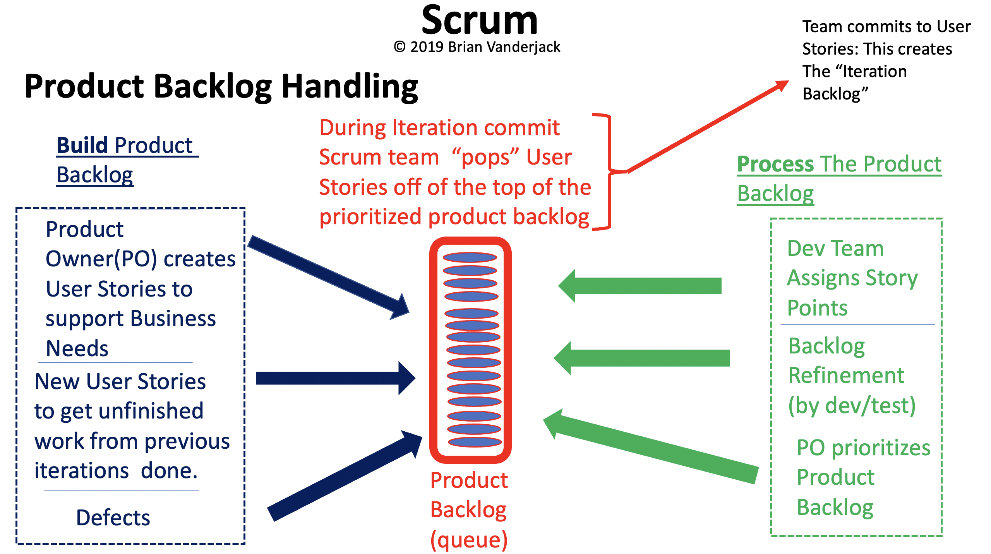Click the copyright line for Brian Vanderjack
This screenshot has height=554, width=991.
[x=477, y=47]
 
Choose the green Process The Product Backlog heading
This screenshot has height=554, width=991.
[x=838, y=178]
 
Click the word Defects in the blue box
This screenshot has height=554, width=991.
[x=113, y=518]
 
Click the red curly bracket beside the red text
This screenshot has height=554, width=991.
[x=609, y=171]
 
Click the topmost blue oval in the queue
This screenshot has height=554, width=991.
[x=470, y=257]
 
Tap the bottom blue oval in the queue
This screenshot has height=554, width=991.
[x=475, y=442]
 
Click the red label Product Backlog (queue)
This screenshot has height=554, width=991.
[x=469, y=510]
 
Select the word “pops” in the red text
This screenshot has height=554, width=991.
[x=485, y=157]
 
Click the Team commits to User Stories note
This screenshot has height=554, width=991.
[x=886, y=60]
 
